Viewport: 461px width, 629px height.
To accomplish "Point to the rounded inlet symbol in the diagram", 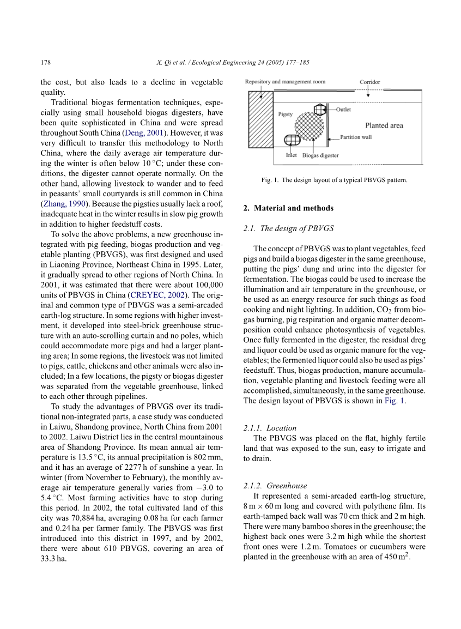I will click(x=292, y=141).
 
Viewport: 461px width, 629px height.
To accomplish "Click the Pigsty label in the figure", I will click(x=286, y=114).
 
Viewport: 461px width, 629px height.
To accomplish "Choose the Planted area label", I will click(x=384, y=125).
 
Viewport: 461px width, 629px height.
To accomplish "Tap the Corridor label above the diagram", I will click(x=370, y=82).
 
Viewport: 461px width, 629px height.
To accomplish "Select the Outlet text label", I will click(x=343, y=110).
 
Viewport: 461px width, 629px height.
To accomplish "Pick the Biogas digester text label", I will click(x=320, y=155).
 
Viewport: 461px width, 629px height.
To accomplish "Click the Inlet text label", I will click(x=291, y=155).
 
